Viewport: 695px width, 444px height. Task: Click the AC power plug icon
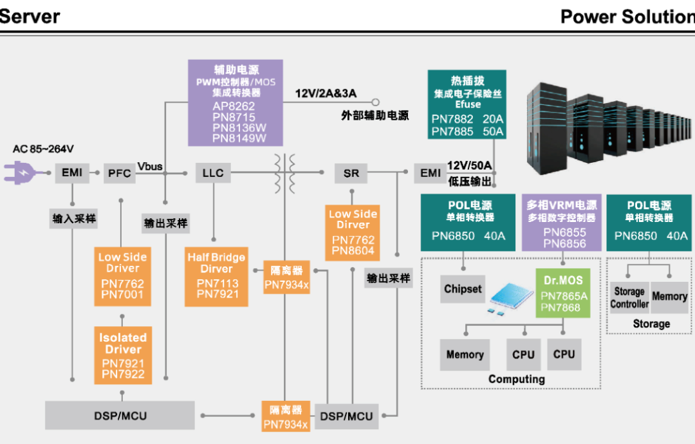click(x=22, y=172)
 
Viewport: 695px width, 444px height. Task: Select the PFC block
click(x=119, y=172)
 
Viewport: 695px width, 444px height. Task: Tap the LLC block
click(x=213, y=172)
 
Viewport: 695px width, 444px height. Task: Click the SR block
click(x=351, y=172)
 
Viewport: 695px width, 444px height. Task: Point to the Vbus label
click(x=150, y=167)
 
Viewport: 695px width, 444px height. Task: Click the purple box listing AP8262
click(x=235, y=102)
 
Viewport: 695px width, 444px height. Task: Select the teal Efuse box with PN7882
click(x=467, y=105)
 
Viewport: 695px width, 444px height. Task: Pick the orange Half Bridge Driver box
click(x=216, y=276)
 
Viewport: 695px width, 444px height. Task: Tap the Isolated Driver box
click(x=123, y=355)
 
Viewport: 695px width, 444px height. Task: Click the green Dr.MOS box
click(x=564, y=293)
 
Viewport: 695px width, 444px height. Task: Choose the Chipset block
click(x=463, y=290)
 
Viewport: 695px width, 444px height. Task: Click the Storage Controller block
click(x=629, y=298)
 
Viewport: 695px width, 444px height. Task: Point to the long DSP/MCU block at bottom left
click(x=120, y=416)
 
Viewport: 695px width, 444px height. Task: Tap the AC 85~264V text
click(x=44, y=149)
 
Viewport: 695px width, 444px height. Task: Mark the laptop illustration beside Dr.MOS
click(x=510, y=297)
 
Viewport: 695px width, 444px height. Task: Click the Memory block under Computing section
click(x=465, y=355)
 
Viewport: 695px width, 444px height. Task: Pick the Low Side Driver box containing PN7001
click(x=122, y=276)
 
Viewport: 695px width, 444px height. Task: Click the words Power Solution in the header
click(x=627, y=17)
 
